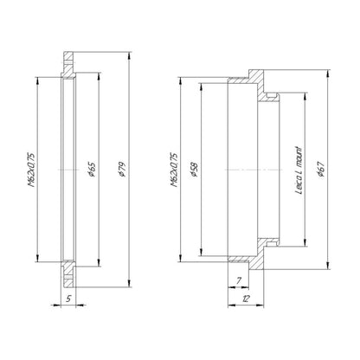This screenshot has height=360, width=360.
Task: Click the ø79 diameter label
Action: (x=122, y=170)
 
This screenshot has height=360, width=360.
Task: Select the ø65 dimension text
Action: (x=92, y=170)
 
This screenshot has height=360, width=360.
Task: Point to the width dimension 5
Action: (x=68, y=299)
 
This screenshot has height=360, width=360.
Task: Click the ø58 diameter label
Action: (x=195, y=170)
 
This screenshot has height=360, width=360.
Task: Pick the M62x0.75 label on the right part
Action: (x=174, y=170)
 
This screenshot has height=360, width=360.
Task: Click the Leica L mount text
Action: (x=299, y=170)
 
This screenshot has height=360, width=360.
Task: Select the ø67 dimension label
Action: (x=321, y=170)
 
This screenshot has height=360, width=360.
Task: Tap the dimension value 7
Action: (x=238, y=280)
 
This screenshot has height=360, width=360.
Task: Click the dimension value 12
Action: (x=246, y=299)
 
